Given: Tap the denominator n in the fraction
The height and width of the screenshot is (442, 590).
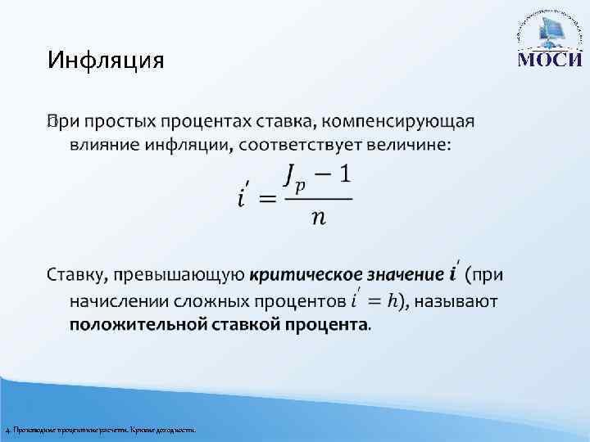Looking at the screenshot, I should pos(318,219).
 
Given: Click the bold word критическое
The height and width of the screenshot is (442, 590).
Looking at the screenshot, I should pos(302,277).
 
